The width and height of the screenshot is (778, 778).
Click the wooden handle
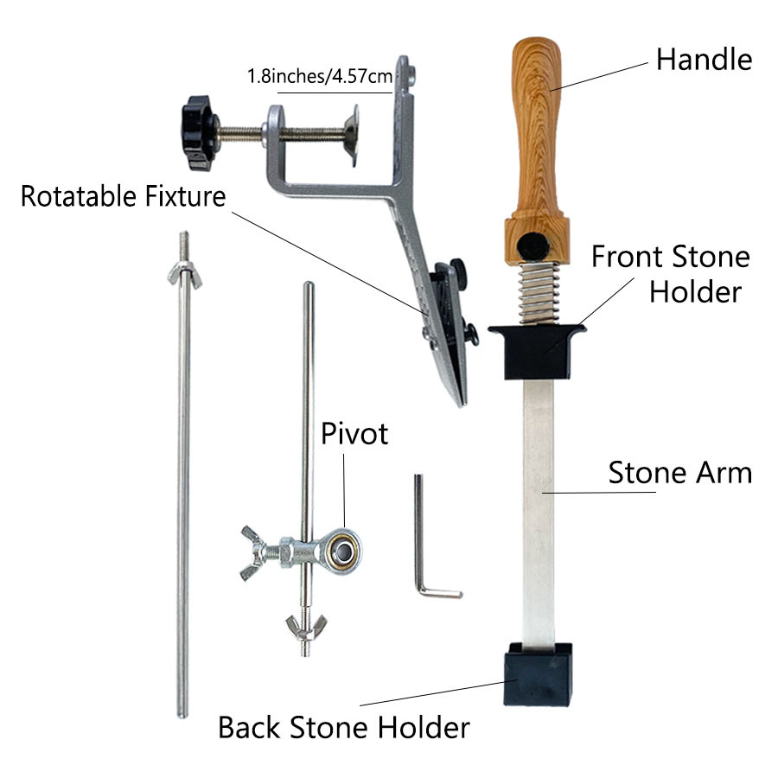click(537, 149)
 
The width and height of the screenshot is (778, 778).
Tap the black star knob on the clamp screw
click(199, 132)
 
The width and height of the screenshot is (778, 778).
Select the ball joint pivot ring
click(341, 551)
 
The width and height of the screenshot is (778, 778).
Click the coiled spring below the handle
click(539, 293)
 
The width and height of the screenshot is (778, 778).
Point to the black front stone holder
click(537, 351)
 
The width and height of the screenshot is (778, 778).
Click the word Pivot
click(354, 434)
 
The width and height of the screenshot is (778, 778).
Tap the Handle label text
click(704, 60)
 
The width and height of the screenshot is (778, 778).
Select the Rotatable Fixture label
click(123, 196)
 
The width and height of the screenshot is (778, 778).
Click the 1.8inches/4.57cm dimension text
click(320, 76)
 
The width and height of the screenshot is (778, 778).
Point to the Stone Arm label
click(680, 472)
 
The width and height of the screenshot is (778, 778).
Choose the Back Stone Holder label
click(344, 728)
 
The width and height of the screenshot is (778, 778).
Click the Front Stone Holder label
click(671, 274)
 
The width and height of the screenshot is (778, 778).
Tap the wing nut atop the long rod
click(185, 274)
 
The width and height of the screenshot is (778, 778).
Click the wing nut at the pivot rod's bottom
click(306, 627)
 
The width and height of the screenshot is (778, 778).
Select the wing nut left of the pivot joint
click(253, 552)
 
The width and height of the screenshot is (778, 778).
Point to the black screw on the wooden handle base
click(532, 246)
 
